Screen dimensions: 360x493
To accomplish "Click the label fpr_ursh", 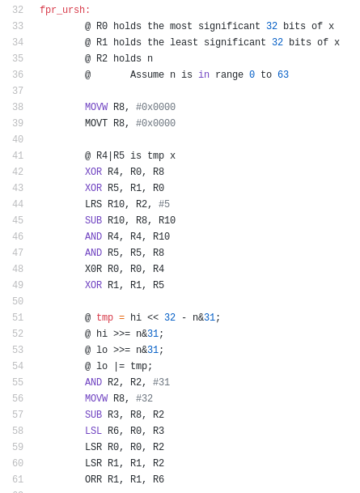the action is coord(65,10).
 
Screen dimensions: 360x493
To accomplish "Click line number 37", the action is coord(18,91).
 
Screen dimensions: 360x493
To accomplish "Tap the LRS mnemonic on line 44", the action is coord(93,204).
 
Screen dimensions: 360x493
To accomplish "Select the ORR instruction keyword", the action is coord(93,479).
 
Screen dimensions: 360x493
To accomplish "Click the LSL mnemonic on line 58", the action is coord(93,431).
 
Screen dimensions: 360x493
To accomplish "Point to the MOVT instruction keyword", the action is coord(96,123).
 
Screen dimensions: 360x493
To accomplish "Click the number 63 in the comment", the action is coord(283,74).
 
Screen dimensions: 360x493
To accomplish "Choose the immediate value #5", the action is coord(164,204).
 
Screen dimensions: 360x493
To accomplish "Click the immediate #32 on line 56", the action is coord(144,398).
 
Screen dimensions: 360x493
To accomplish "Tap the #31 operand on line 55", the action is coord(161,382).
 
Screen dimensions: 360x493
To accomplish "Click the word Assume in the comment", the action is coord(147,74).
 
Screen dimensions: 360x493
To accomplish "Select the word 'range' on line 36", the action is coord(229,74).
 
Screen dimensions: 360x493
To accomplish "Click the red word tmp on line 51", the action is coord(104,317).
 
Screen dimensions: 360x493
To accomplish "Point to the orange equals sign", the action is coord(121,317).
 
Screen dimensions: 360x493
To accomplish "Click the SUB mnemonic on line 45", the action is coord(93,220).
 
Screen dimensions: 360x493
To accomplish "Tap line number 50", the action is coord(18,301).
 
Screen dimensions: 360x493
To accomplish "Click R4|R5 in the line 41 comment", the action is coord(110,155).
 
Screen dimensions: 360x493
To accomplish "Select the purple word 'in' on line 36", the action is coord(204,74).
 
